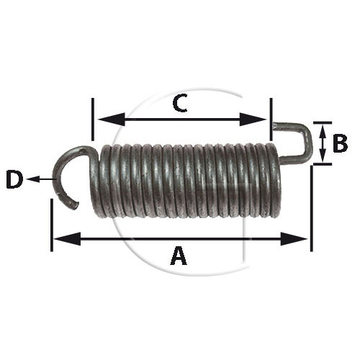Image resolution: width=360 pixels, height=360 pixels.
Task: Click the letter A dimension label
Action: point(179,256)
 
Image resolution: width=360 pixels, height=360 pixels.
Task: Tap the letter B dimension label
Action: point(341,143)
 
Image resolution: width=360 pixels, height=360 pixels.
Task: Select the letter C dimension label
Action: point(180,103)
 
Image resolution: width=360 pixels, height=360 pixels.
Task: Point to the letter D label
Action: point(14,179)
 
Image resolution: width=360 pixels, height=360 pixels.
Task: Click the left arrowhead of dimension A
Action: point(67,239)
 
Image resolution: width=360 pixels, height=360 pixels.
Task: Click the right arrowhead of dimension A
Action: point(294,239)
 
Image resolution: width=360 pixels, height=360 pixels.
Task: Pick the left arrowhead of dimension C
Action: point(112,120)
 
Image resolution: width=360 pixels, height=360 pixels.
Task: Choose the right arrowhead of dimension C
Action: point(253,120)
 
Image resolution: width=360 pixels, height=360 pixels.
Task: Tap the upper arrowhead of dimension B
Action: point(323,131)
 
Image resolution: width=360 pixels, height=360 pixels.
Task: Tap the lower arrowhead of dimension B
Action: point(323,156)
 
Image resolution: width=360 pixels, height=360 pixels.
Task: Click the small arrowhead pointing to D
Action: point(33,179)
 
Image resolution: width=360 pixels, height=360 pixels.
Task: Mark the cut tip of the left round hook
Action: point(74,205)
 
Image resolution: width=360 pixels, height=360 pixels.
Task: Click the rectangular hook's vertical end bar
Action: point(309,143)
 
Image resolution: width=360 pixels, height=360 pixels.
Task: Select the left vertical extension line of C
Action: point(93,119)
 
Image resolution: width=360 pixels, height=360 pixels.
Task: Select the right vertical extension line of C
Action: point(271,119)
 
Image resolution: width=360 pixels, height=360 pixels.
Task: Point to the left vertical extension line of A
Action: point(52,225)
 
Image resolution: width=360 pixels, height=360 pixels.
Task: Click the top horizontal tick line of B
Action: point(323,122)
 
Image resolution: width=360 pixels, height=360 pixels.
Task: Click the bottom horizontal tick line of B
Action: point(323,164)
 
